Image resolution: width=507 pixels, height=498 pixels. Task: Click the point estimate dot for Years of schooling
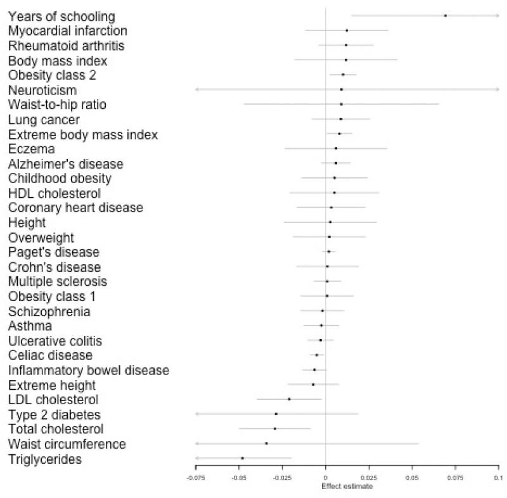[x=445, y=15]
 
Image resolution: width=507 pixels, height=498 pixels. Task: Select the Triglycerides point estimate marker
[x=242, y=458]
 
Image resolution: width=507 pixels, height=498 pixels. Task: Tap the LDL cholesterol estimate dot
[x=289, y=399]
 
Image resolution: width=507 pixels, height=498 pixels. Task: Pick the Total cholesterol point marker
[x=274, y=429]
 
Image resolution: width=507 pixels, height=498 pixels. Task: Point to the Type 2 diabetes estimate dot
[x=276, y=414]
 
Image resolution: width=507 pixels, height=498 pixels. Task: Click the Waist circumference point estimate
[x=266, y=444]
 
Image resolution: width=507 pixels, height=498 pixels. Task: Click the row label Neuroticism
[x=42, y=90]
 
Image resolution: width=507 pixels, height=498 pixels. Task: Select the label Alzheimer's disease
[x=66, y=164]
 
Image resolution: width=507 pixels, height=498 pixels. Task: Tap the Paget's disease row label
[x=54, y=252]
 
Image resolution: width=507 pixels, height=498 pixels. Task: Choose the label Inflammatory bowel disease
[x=89, y=370]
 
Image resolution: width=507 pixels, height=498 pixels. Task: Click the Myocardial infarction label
[x=68, y=31]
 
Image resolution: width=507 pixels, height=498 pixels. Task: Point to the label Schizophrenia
[x=49, y=311]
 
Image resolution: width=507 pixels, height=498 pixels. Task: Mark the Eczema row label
[x=32, y=149]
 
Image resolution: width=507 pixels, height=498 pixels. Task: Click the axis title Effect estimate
[x=347, y=487]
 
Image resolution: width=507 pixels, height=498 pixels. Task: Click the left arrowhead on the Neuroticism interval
[x=197, y=89]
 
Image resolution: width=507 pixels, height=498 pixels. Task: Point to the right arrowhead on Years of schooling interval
[x=497, y=15]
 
